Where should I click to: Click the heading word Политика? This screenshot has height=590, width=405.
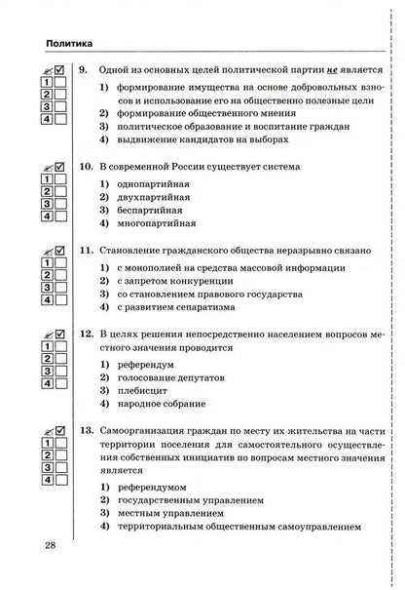click(63, 44)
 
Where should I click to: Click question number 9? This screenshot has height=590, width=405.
click(85, 71)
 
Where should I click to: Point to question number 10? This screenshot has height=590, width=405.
click(87, 167)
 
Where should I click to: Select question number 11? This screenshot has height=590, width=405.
click(87, 250)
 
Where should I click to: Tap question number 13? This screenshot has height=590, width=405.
click(87, 430)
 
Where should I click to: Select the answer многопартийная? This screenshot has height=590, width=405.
click(158, 223)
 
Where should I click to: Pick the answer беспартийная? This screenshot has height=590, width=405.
click(151, 211)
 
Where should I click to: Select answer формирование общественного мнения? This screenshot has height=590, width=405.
click(196, 113)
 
